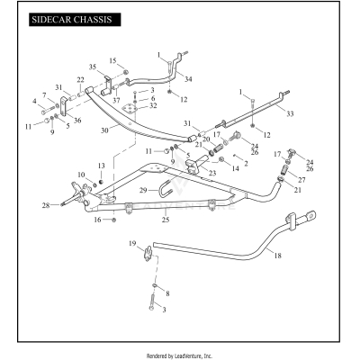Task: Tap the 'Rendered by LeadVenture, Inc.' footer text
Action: (179, 355)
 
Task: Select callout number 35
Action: (93, 67)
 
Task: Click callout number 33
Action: (290, 113)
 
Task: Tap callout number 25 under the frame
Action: (165, 220)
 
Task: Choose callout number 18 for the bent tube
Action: (276, 256)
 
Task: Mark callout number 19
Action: (131, 245)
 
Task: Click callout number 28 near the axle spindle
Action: (44, 206)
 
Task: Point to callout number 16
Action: (99, 219)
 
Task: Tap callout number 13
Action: (102, 166)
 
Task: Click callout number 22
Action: (80, 80)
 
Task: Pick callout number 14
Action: (236, 167)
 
